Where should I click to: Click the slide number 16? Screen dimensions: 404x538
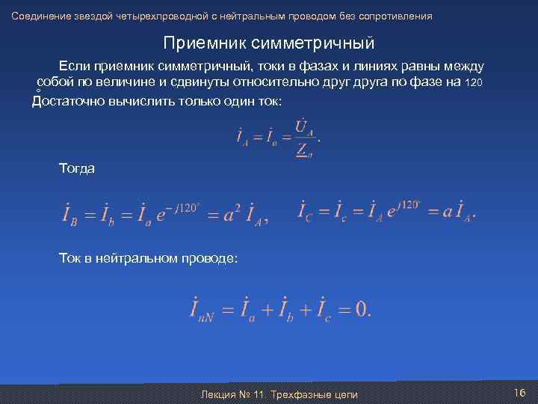coord(520,393)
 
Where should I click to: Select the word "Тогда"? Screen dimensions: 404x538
coord(77,168)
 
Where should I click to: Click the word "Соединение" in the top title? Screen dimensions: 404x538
coord(37,16)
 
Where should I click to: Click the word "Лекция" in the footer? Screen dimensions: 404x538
coord(218,394)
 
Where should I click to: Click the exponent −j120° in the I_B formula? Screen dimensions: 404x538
coord(182,207)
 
